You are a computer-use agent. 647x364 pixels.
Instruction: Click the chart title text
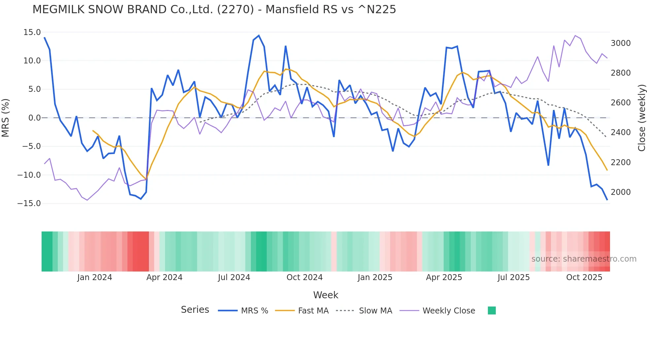pyautogui.click(x=214, y=10)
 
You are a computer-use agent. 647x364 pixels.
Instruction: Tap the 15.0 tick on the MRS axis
pyautogui.click(x=32, y=32)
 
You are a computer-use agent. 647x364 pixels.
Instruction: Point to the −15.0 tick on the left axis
pyautogui.click(x=29, y=203)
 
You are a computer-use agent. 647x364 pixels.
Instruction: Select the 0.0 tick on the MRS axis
pyautogui.click(x=35, y=118)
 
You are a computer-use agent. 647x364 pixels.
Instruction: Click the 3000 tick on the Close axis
pyautogui.click(x=621, y=43)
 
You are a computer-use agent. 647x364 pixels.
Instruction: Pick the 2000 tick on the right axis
pyautogui.click(x=621, y=192)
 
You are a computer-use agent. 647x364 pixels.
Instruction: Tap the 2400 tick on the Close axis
pyautogui.click(x=621, y=132)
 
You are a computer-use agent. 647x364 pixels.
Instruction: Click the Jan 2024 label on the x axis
pyautogui.click(x=95, y=277)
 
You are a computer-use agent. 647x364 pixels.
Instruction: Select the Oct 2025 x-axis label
pyautogui.click(x=584, y=277)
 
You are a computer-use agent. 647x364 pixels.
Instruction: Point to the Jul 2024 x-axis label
pyautogui.click(x=234, y=277)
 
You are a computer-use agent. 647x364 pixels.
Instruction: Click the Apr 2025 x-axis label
pyautogui.click(x=444, y=277)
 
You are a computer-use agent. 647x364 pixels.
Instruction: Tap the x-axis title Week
pyautogui.click(x=325, y=295)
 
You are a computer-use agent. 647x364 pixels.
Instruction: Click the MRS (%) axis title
pyautogui.click(x=6, y=118)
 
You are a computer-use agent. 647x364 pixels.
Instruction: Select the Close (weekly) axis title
pyautogui.click(x=641, y=118)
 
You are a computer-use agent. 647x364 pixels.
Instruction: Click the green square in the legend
pyautogui.click(x=492, y=310)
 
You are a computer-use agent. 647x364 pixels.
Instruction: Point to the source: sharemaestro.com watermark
pyautogui.click(x=584, y=259)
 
